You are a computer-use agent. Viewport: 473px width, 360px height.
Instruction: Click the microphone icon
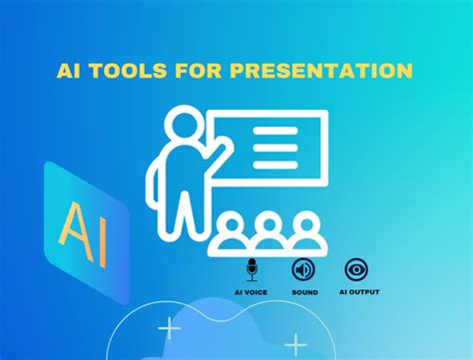pyautogui.click(x=251, y=269)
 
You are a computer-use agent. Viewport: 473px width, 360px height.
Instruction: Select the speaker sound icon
pyautogui.click(x=302, y=269)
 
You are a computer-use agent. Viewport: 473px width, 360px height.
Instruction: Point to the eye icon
pyautogui.click(x=354, y=269)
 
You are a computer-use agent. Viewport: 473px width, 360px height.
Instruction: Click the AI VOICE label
pyautogui.click(x=251, y=292)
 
